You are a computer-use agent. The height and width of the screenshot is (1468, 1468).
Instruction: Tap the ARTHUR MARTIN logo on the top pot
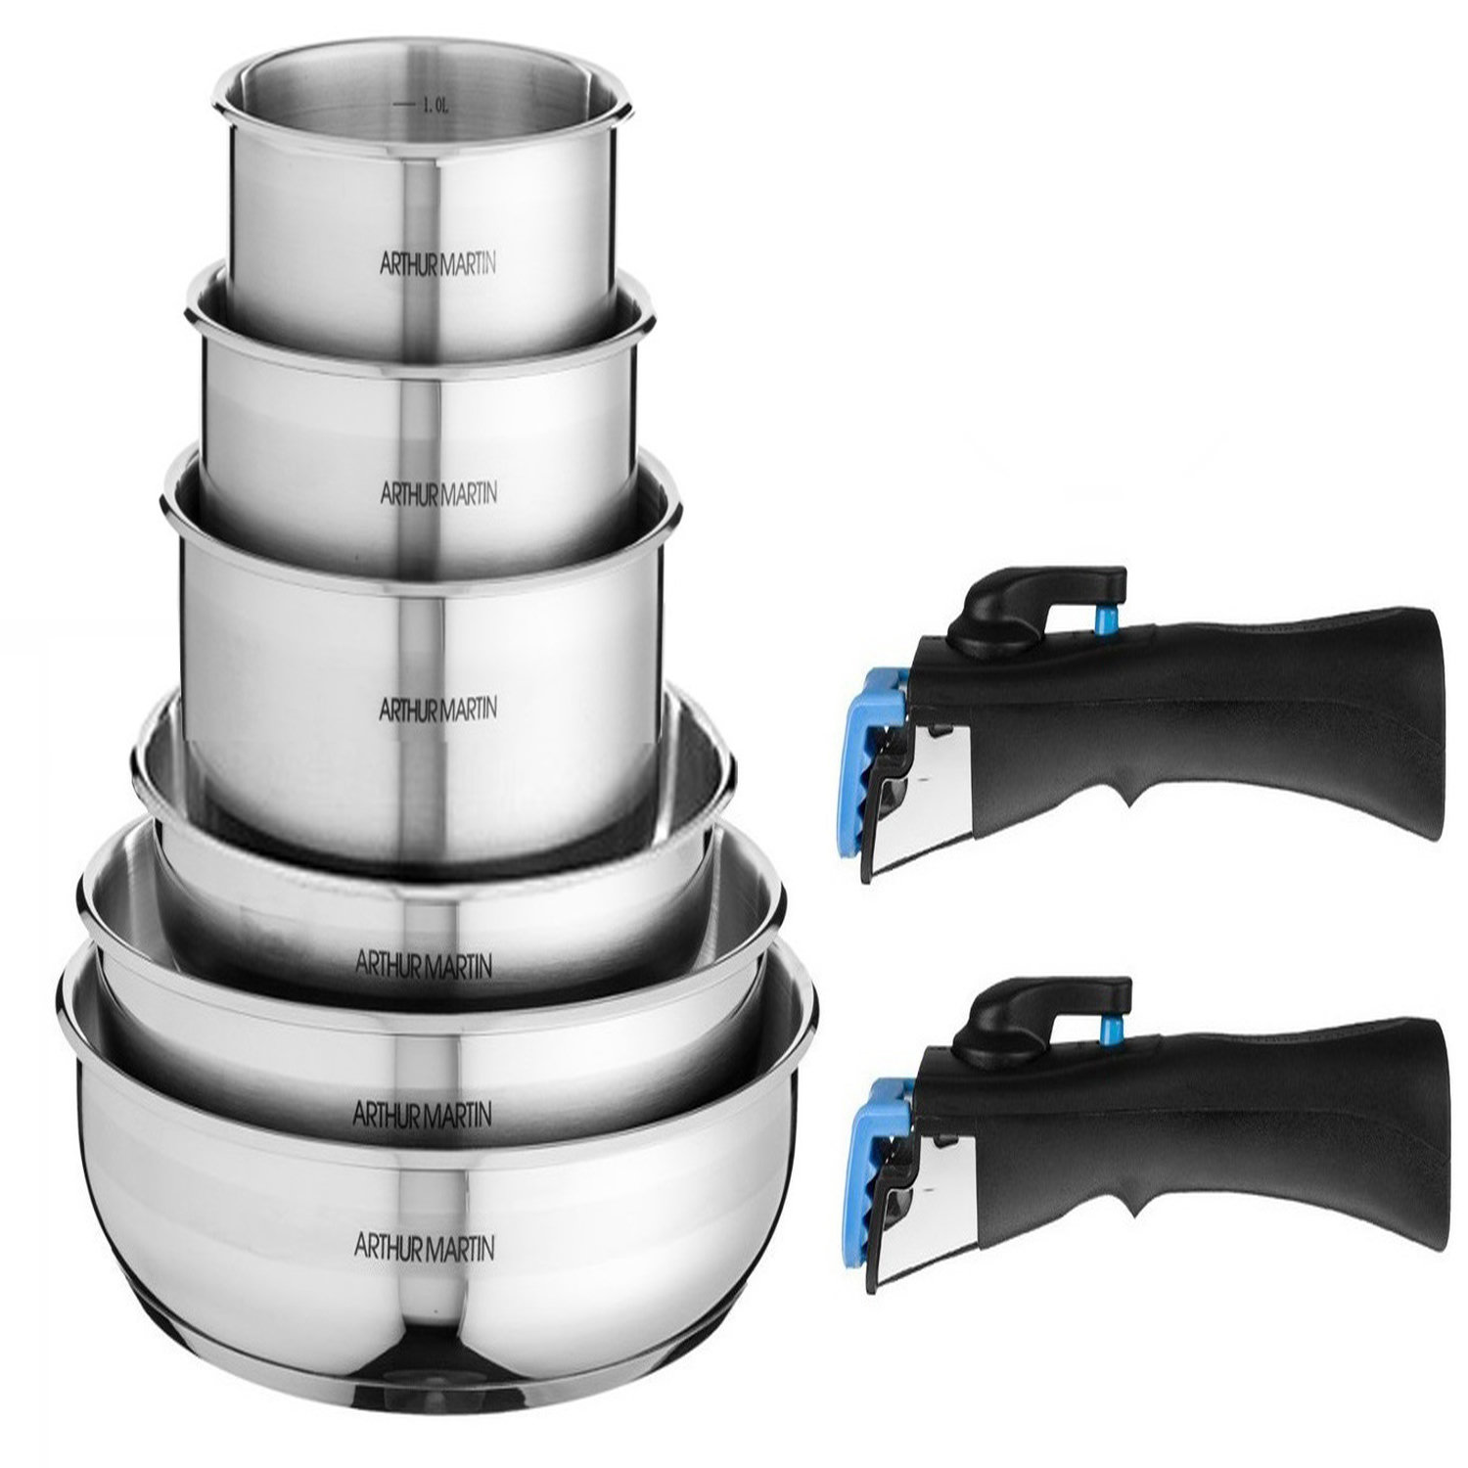tap(436, 264)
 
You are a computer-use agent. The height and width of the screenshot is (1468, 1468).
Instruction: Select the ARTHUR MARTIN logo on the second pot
tap(437, 492)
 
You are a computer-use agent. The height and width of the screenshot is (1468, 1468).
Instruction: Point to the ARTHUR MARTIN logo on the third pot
tap(437, 707)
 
